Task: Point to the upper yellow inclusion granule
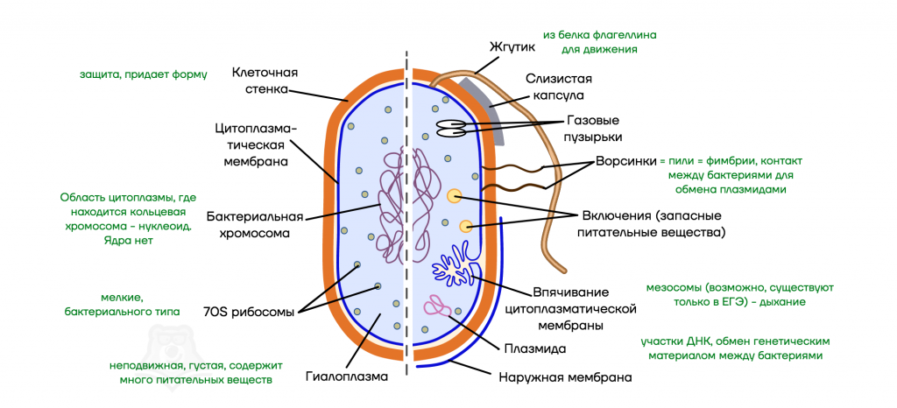point(454,197)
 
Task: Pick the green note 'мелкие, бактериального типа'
point(123,304)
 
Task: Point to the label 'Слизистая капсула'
point(554,86)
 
